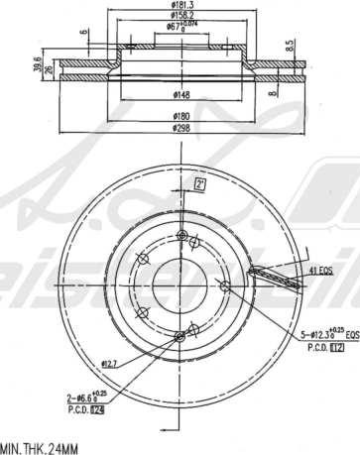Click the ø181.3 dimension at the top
181,5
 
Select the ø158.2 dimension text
181,16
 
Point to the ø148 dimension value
181,95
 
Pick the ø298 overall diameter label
181,128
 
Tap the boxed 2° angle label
199,184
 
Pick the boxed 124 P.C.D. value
97,408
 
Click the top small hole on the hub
182,235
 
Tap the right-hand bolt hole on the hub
225,287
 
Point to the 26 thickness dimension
47,69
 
